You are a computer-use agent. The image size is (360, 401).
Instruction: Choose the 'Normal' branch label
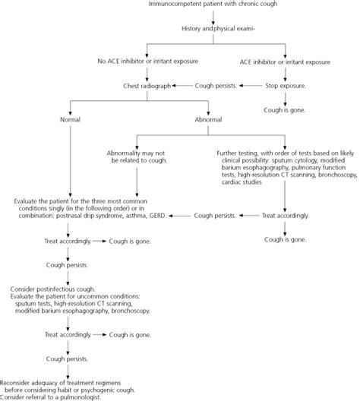click(71, 119)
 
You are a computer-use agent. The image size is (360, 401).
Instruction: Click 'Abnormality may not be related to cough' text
click(137, 156)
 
